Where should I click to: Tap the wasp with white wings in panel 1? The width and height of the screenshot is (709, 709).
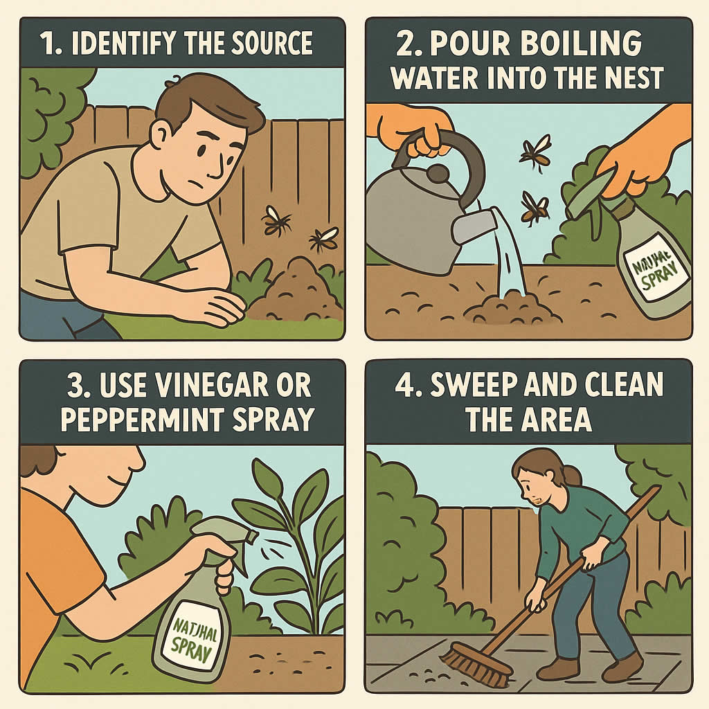coord(323,239)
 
